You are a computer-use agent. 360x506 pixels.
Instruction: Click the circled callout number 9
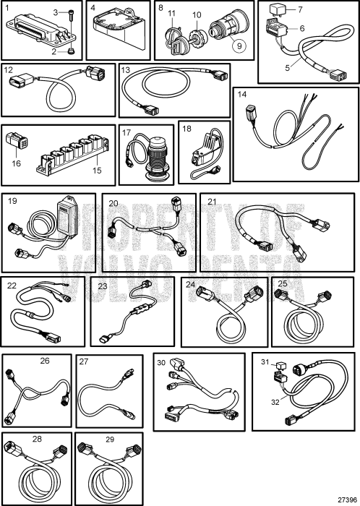239,46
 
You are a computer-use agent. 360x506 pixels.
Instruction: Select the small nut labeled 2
71,51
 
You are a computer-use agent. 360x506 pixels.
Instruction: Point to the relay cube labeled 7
276,12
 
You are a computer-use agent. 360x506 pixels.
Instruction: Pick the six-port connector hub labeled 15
73,154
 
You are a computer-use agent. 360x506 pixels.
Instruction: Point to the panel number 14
242,94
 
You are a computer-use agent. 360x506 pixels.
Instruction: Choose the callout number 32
275,402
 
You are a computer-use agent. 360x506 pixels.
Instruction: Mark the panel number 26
45,360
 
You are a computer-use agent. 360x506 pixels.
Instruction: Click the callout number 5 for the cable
288,69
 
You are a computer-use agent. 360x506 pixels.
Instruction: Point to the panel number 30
161,362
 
